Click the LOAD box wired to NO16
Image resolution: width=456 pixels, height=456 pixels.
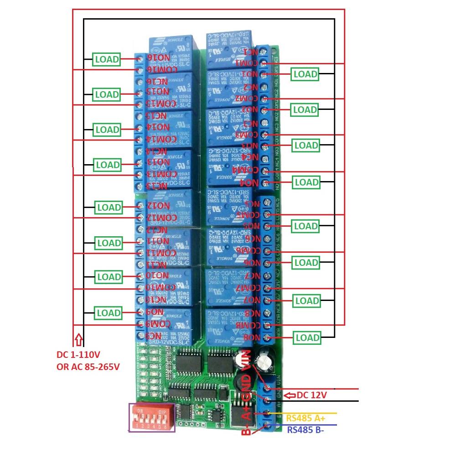(107, 59)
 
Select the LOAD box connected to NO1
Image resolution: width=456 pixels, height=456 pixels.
(305, 74)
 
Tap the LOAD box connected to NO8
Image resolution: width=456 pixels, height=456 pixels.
(307, 338)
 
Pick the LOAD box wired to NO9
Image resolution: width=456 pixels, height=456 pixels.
(108, 313)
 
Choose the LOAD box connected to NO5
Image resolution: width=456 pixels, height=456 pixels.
(305, 226)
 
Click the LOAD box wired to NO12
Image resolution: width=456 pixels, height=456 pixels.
(109, 207)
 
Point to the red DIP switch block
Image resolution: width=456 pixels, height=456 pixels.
(151, 417)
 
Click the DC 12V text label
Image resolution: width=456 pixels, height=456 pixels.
(312, 395)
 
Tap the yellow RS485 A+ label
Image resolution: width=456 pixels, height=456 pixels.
(306, 418)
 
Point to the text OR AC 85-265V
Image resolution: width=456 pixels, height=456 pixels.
(88, 367)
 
